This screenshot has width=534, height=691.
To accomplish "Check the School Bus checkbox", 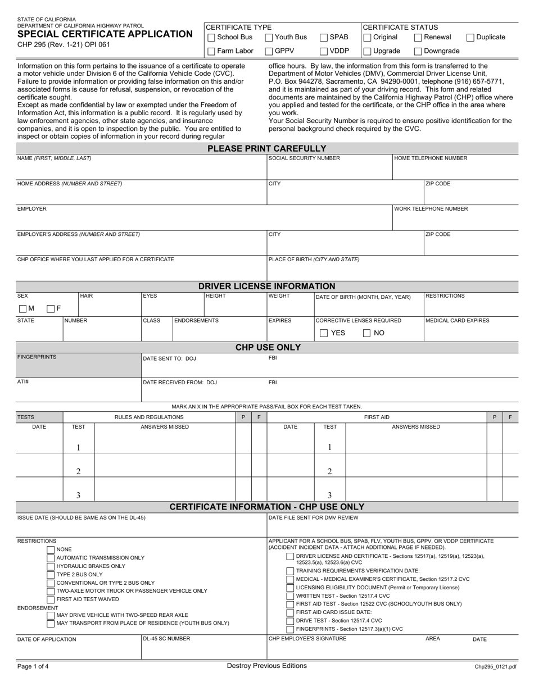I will click(211, 38).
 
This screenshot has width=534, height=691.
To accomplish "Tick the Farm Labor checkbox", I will click(211, 52).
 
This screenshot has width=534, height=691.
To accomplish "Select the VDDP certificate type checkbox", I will click(324, 52).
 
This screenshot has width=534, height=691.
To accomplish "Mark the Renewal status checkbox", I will click(418, 38).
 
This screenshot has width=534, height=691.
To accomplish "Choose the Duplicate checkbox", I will click(470, 38).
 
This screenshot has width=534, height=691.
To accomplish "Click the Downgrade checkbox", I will click(418, 52).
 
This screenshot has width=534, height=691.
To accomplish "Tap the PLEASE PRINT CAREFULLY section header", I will click(267, 148).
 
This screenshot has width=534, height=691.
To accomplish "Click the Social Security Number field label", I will click(304, 158).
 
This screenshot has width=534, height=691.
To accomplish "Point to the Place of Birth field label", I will click(314, 260).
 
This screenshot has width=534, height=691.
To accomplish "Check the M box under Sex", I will click(22, 308).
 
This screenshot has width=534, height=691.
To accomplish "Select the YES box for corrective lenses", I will click(324, 333).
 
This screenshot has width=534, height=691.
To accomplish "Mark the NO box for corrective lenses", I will click(366, 333).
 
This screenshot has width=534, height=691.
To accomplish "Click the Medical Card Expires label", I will click(457, 321).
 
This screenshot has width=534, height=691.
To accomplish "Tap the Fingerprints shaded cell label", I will click(37, 357).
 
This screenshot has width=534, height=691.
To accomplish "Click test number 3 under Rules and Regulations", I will click(78, 495).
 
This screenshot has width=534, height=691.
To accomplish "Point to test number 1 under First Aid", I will click(329, 448).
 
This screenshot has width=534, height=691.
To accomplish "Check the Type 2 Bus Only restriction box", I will click(51, 575).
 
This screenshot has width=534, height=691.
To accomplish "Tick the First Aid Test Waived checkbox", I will click(51, 599).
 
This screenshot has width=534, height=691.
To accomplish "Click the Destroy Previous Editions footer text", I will click(267, 666).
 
